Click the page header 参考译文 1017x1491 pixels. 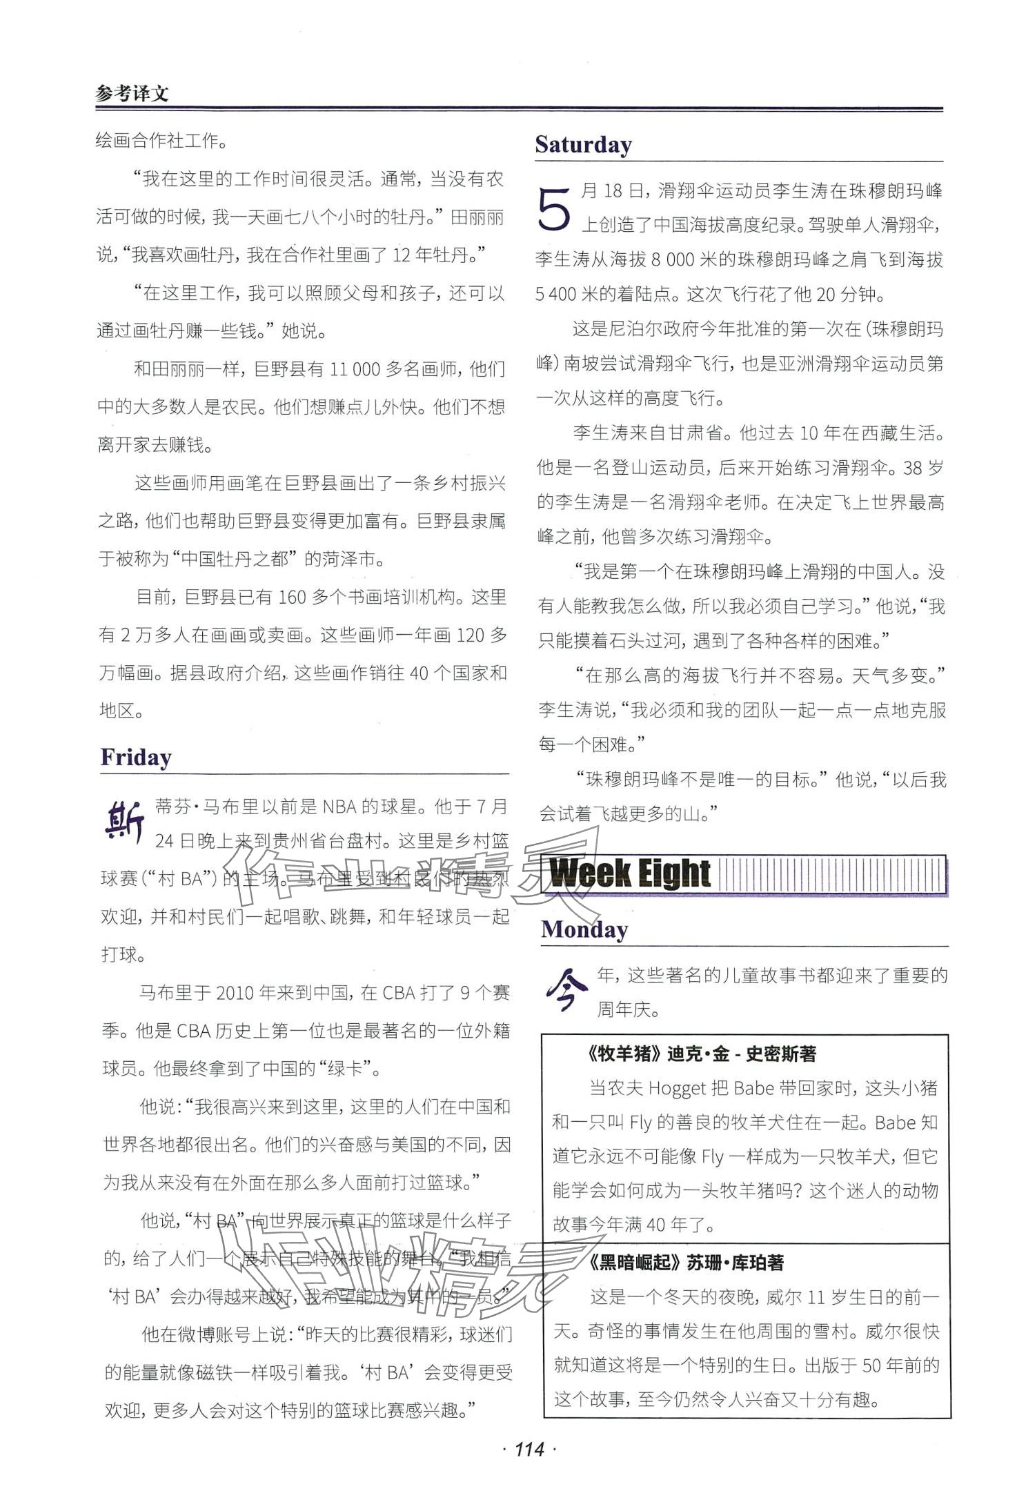(132, 92)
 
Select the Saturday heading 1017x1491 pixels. (583, 145)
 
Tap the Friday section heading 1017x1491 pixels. (135, 757)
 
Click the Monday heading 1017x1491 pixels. (584, 929)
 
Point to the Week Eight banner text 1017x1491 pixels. (630, 873)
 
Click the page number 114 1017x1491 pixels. (529, 1449)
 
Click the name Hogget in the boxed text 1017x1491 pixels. (677, 1088)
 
